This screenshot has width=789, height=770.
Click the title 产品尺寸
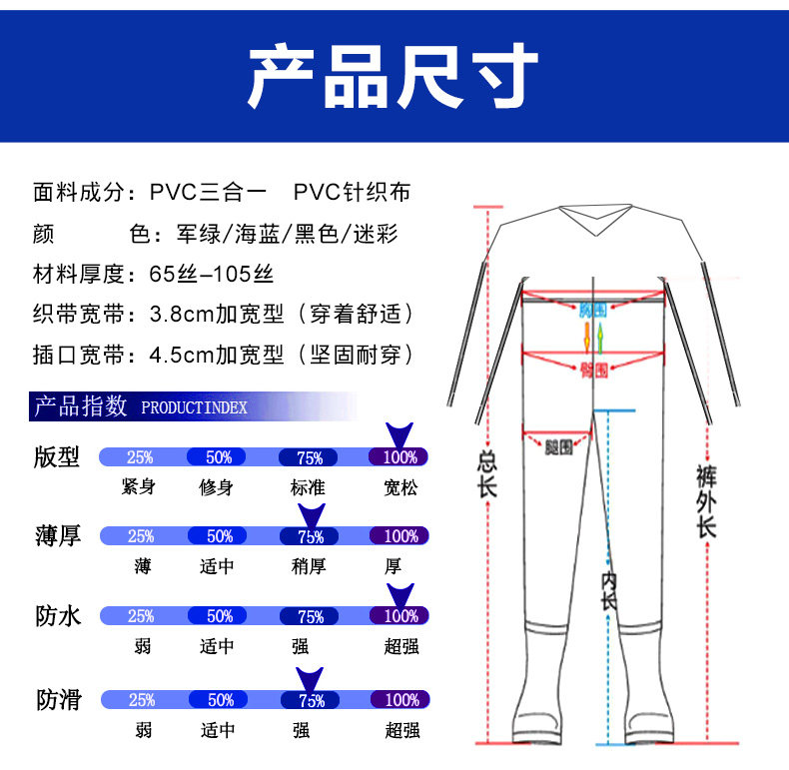point(394,77)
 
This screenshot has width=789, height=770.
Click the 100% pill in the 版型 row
point(399,457)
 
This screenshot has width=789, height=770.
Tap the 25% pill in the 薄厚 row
point(140,536)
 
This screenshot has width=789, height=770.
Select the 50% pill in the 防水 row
point(220,616)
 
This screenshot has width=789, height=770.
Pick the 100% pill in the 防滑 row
point(401,700)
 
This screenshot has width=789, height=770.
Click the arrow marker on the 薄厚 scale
point(311,516)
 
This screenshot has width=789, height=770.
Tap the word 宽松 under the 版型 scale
point(400,486)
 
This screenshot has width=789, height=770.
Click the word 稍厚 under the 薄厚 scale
point(310,566)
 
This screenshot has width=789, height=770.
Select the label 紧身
point(138,486)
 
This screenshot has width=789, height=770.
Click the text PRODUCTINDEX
point(194,407)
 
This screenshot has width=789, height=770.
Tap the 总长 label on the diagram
point(487,475)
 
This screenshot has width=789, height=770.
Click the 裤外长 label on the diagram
point(707,499)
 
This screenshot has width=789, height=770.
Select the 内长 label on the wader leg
point(608,589)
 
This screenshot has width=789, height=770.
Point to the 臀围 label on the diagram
point(593,370)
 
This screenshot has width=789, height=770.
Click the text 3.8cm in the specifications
point(179,314)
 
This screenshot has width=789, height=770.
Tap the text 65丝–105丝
point(211,274)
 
